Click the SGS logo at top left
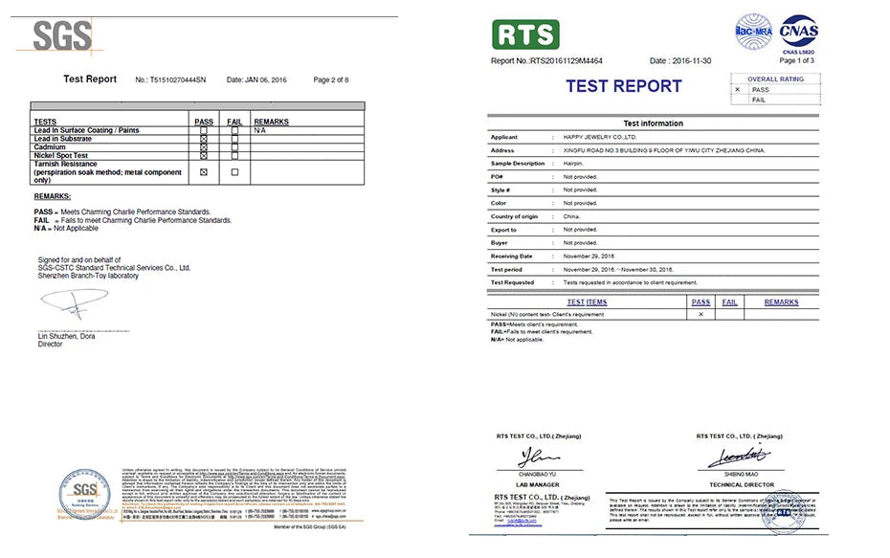(x=62, y=35)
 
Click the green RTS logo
(x=524, y=35)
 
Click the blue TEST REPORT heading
(x=623, y=86)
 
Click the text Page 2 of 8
(x=331, y=79)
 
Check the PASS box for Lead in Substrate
(x=204, y=139)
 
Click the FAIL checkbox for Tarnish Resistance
(x=234, y=172)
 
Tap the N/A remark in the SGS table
(x=259, y=130)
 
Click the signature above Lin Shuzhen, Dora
(x=75, y=305)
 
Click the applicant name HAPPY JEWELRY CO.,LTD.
(x=600, y=137)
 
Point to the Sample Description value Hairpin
(x=574, y=164)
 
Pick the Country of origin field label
(x=514, y=216)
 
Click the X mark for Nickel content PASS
(x=701, y=314)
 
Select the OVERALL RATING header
(x=776, y=79)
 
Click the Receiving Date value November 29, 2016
(x=589, y=257)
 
